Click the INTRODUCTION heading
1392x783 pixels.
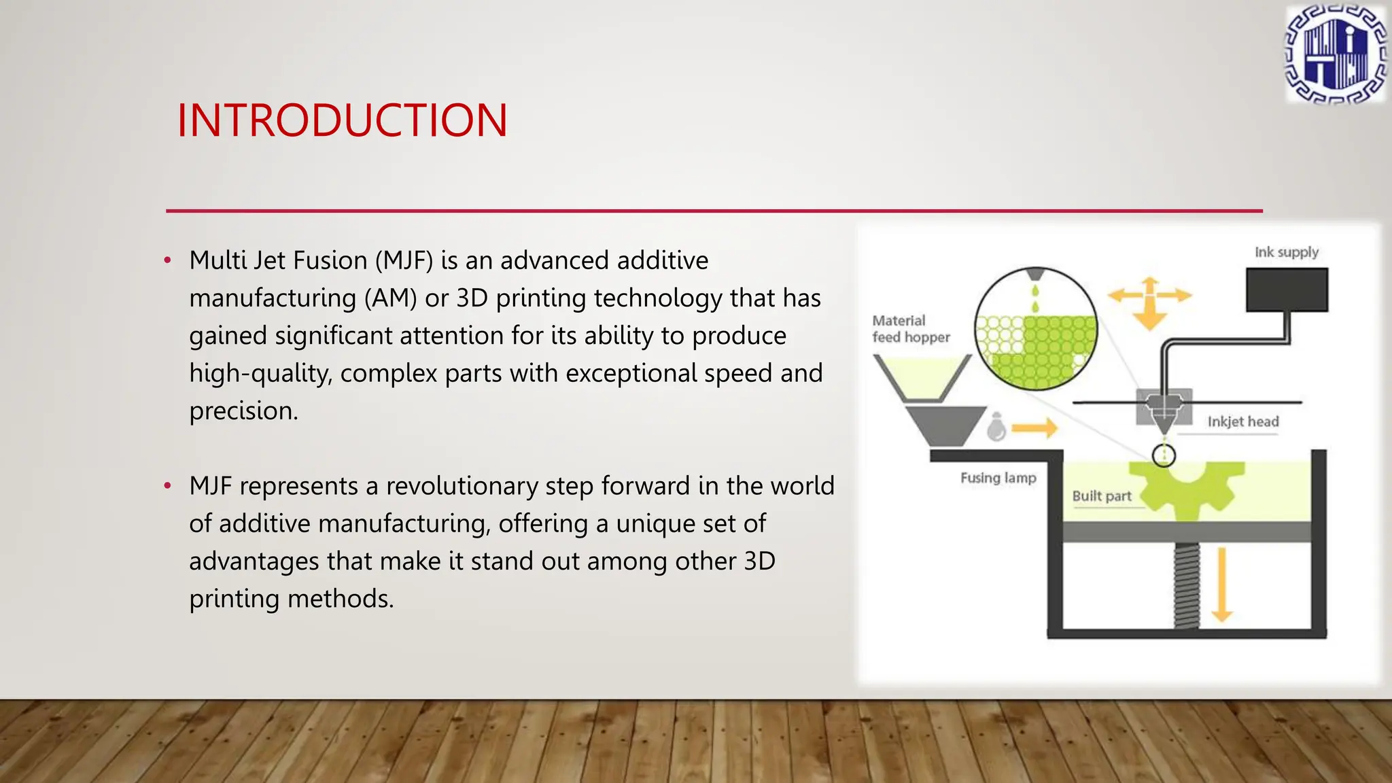point(342,121)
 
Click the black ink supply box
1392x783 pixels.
point(1287,290)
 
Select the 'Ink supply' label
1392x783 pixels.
point(1286,252)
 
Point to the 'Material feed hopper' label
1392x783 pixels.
point(910,329)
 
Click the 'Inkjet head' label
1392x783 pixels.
point(1242,421)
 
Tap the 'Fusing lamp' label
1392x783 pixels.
point(998,478)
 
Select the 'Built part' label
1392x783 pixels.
point(1101,496)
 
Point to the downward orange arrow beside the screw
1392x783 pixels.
point(1221,585)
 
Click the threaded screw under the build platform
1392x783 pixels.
point(1187,585)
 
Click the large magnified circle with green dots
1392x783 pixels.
point(1035,329)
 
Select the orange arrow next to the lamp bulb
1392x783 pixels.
point(1034,428)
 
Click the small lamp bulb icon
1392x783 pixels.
point(996,428)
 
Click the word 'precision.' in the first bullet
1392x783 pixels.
point(243,411)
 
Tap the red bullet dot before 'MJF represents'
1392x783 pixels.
point(167,486)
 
